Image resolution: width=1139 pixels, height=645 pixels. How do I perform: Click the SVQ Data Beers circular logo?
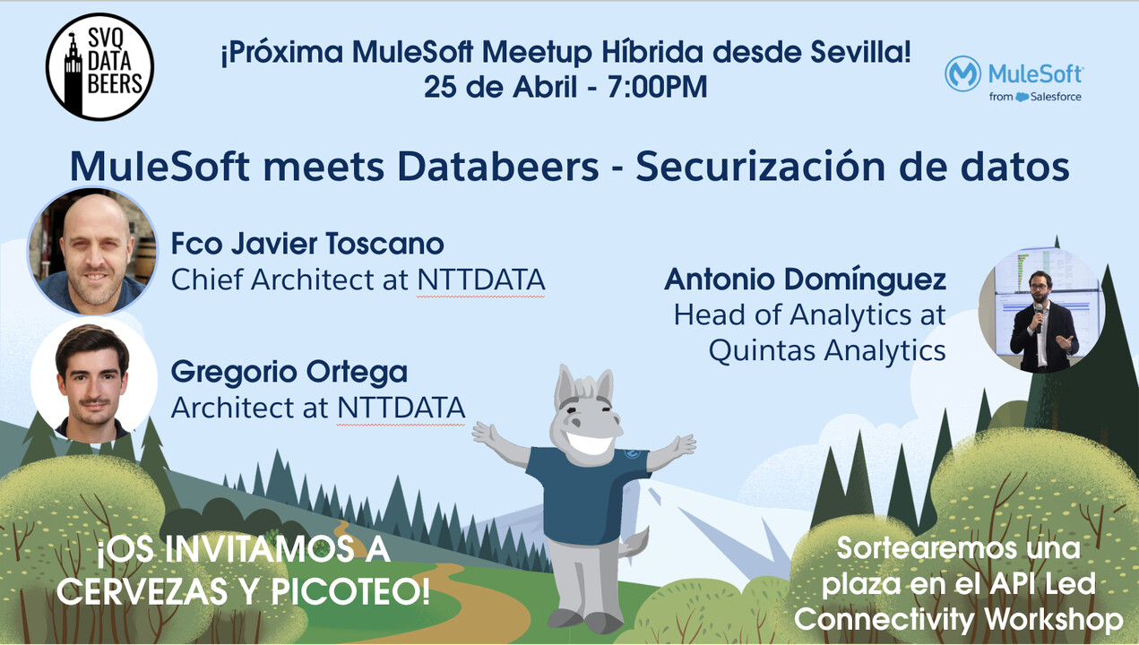pos(99,66)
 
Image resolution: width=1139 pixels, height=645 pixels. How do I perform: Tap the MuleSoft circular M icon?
pos(962,73)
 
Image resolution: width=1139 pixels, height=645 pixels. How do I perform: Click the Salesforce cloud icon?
pos(1022,97)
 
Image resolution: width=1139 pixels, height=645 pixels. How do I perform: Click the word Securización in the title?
pos(760,166)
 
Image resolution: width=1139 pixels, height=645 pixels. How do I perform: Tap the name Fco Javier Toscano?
pos(307,244)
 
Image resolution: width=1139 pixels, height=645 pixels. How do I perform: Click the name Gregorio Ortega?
pos(289,373)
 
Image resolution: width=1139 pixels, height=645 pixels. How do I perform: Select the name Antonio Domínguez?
pos(805,279)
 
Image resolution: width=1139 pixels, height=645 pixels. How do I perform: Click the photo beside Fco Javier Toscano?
pos(92,251)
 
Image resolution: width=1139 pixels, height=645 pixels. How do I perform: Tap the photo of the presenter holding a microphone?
pos(1042,311)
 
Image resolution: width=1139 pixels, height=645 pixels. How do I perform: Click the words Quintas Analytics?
pos(827,350)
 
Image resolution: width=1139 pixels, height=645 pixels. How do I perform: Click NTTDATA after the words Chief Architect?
pos(481,280)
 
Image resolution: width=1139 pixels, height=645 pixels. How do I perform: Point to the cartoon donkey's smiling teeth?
pos(590,443)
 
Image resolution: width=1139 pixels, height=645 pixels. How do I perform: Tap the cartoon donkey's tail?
pos(634,544)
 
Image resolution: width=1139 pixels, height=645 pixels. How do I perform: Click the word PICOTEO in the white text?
pos(350,591)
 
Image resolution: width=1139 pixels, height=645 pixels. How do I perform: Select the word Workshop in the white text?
pos(1053,620)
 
